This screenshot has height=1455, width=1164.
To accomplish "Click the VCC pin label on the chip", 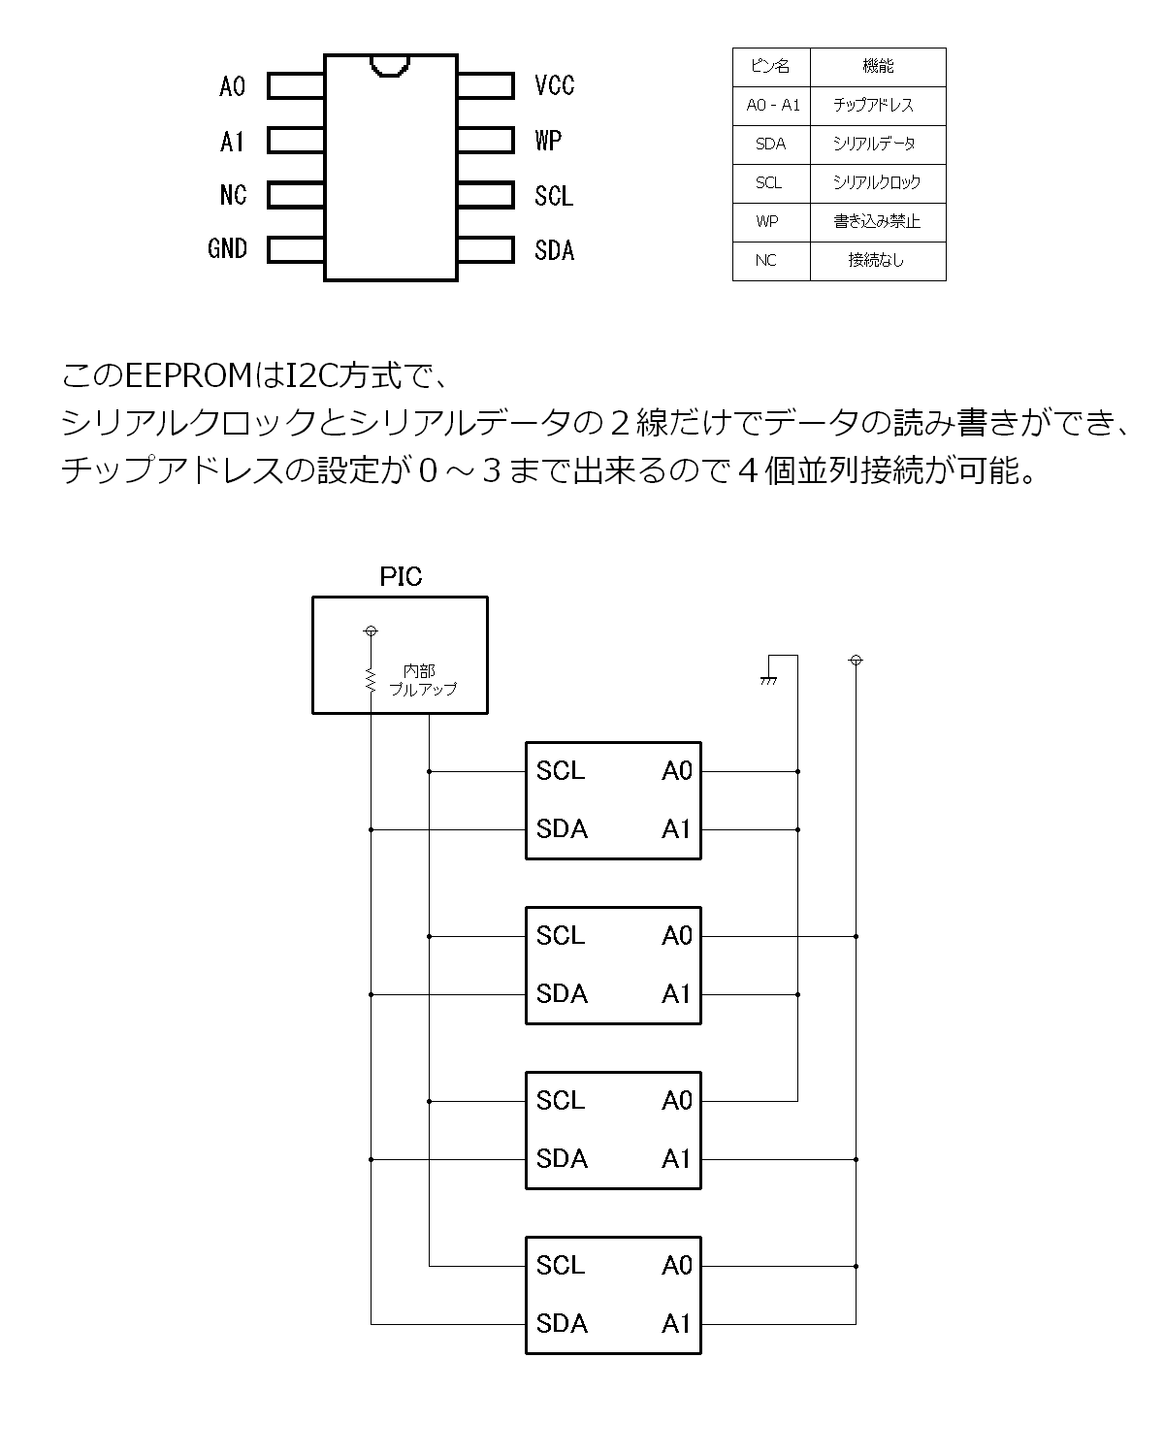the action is [554, 85].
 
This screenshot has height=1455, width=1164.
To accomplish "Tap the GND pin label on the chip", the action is [227, 248].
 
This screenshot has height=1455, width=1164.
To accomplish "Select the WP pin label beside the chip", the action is [548, 140].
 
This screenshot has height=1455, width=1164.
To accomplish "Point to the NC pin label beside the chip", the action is [234, 195].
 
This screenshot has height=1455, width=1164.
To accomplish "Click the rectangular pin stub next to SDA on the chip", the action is [486, 249].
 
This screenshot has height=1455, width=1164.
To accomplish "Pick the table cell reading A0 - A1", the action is [772, 106].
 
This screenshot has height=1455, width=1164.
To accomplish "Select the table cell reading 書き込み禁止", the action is [877, 222].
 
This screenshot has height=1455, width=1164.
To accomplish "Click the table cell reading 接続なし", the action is [877, 260].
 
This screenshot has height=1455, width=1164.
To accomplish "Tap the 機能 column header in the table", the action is [877, 66].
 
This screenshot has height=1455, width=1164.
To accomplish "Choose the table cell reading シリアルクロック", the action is [877, 182].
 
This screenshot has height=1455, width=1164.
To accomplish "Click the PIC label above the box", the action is [401, 577].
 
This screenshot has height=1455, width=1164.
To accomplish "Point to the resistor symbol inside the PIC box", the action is [370, 679].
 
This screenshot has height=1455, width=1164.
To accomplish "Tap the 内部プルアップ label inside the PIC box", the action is [423, 680].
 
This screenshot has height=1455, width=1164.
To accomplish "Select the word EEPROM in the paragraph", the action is [189, 376].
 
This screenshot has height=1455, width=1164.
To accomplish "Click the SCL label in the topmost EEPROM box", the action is [560, 771].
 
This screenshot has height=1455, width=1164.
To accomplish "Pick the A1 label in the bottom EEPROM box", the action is [676, 1324].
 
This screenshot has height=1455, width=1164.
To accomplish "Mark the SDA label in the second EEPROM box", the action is [562, 994].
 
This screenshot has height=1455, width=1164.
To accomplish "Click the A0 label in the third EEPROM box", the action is [676, 1101].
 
